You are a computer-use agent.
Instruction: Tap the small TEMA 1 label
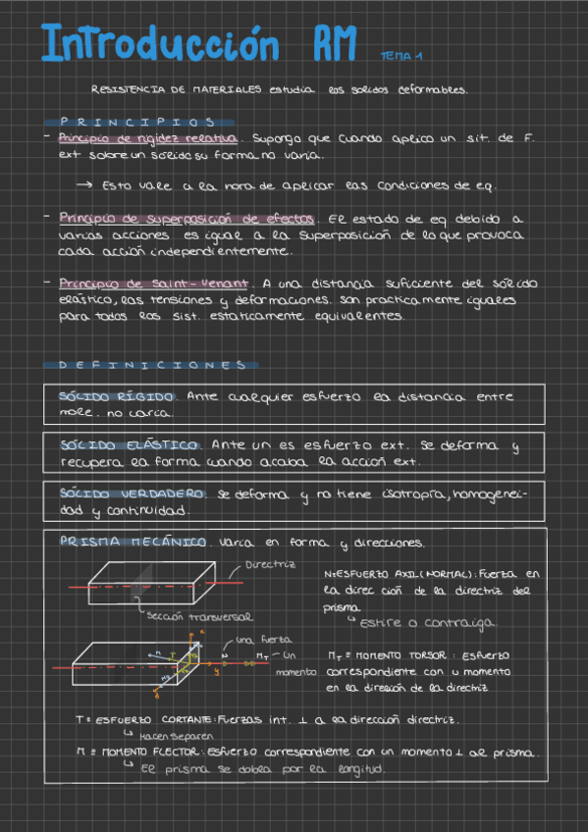tap(401, 56)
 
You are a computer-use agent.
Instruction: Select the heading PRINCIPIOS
tap(137, 123)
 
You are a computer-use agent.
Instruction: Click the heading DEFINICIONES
tap(152, 365)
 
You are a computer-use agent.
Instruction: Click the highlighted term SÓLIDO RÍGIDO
tap(117, 396)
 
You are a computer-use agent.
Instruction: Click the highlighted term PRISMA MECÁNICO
tap(133, 542)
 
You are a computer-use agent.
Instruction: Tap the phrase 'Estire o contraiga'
tap(427, 623)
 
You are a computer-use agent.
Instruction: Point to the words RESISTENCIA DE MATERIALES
tap(176, 89)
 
